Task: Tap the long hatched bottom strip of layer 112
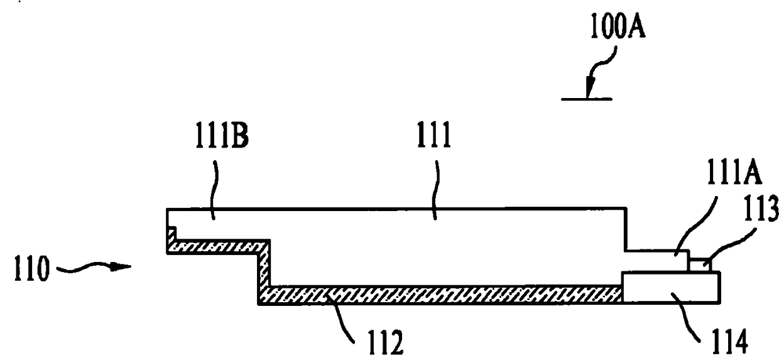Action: coord(440,294)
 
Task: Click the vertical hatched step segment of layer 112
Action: coord(264,270)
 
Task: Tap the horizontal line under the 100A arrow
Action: coord(587,99)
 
